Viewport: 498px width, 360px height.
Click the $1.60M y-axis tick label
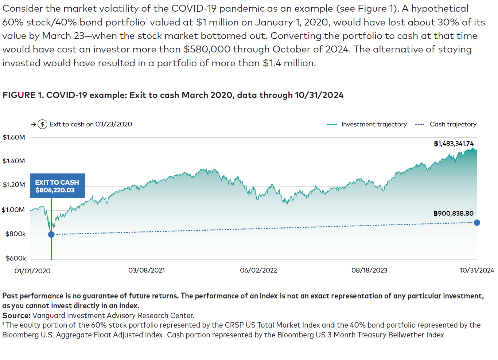click(x=14, y=137)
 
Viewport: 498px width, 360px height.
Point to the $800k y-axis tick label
click(x=15, y=234)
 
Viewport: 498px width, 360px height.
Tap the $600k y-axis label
click(x=16, y=258)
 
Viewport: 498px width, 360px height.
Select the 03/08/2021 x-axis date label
click(x=147, y=270)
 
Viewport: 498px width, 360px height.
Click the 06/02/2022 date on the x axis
click(x=258, y=270)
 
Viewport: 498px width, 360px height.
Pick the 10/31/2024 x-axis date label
click(x=476, y=270)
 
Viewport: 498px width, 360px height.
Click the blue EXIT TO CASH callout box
click(x=58, y=186)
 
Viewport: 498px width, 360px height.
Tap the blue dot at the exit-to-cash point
click(x=51, y=234)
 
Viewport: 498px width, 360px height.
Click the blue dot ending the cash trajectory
click(x=477, y=223)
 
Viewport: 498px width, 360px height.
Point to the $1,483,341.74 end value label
click(x=454, y=144)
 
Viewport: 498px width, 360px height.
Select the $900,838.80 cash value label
click(x=454, y=214)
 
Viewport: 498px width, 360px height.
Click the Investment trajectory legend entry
click(x=367, y=124)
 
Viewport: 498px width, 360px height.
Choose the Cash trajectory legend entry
click(x=446, y=124)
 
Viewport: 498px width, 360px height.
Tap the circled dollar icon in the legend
click(x=43, y=124)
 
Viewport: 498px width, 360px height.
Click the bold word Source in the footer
click(x=16, y=316)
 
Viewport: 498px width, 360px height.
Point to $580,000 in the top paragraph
click(x=202, y=49)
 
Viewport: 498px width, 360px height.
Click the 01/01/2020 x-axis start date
click(x=32, y=271)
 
